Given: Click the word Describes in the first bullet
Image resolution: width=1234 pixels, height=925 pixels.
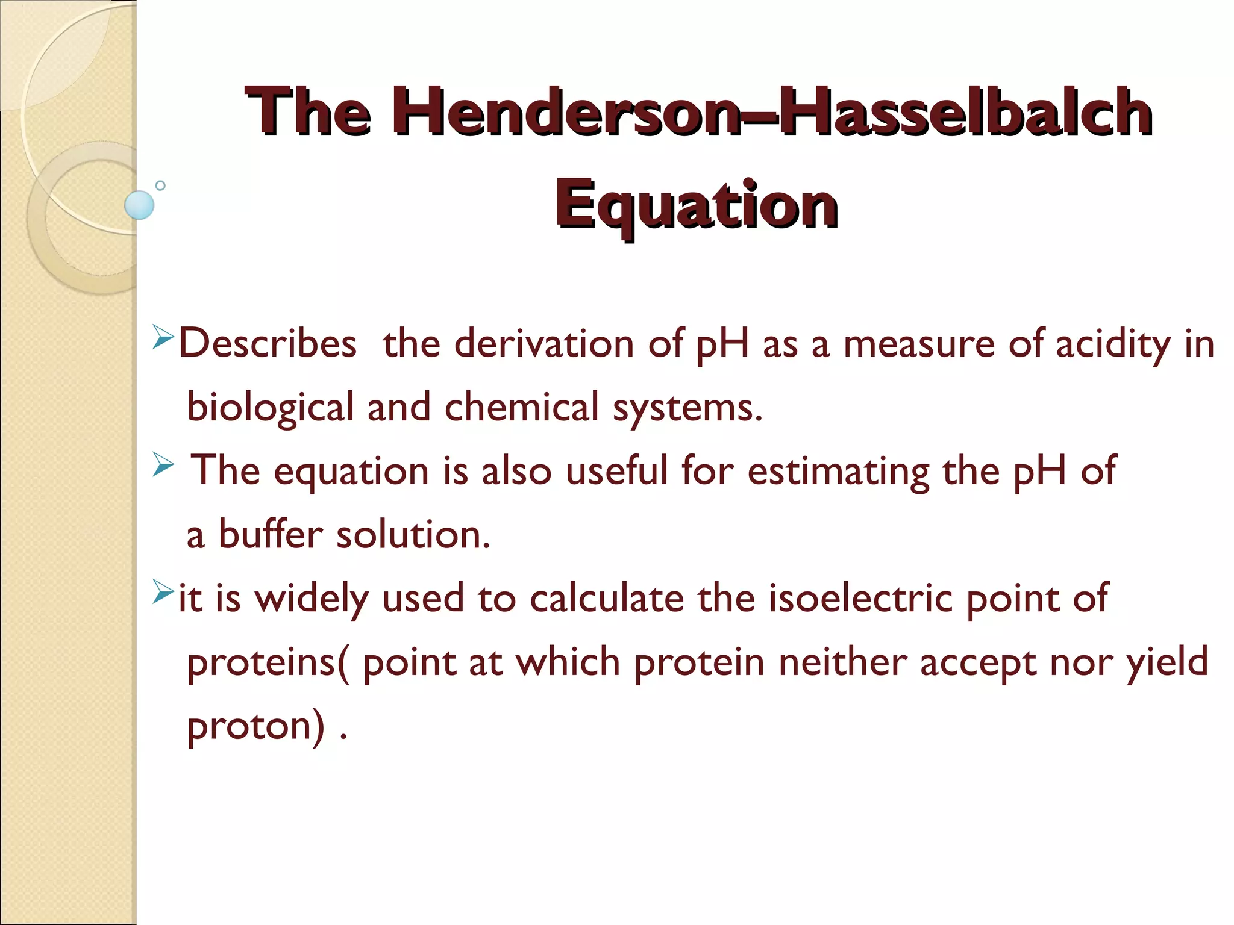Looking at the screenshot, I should point(268,343).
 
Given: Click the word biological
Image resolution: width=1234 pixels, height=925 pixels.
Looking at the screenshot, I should point(271,407).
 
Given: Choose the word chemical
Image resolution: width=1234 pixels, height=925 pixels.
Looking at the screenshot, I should point(521,407).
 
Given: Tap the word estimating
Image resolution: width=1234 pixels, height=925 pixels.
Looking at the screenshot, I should point(838,471).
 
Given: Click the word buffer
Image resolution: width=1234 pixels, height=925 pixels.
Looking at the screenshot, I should point(271,534).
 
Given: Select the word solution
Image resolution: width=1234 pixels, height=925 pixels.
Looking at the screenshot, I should point(413,534).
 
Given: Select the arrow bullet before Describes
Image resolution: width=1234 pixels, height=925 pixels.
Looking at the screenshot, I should point(163,337).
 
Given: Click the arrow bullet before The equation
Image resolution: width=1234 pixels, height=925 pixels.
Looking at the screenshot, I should point(163,464).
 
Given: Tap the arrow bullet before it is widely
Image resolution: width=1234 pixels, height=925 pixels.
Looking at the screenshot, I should point(163,591).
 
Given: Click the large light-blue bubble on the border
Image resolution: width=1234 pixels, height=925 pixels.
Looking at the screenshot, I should point(139,205).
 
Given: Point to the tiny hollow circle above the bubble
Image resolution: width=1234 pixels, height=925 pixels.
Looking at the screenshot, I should point(160,185).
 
